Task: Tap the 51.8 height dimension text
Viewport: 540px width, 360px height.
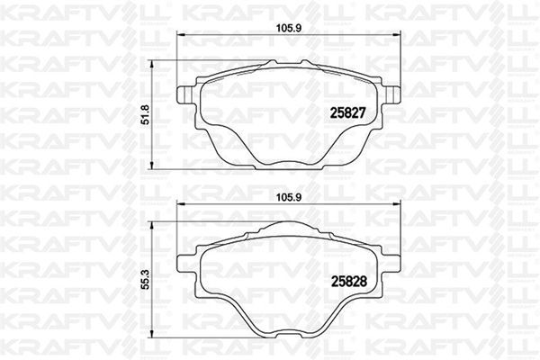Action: coord(157,114)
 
